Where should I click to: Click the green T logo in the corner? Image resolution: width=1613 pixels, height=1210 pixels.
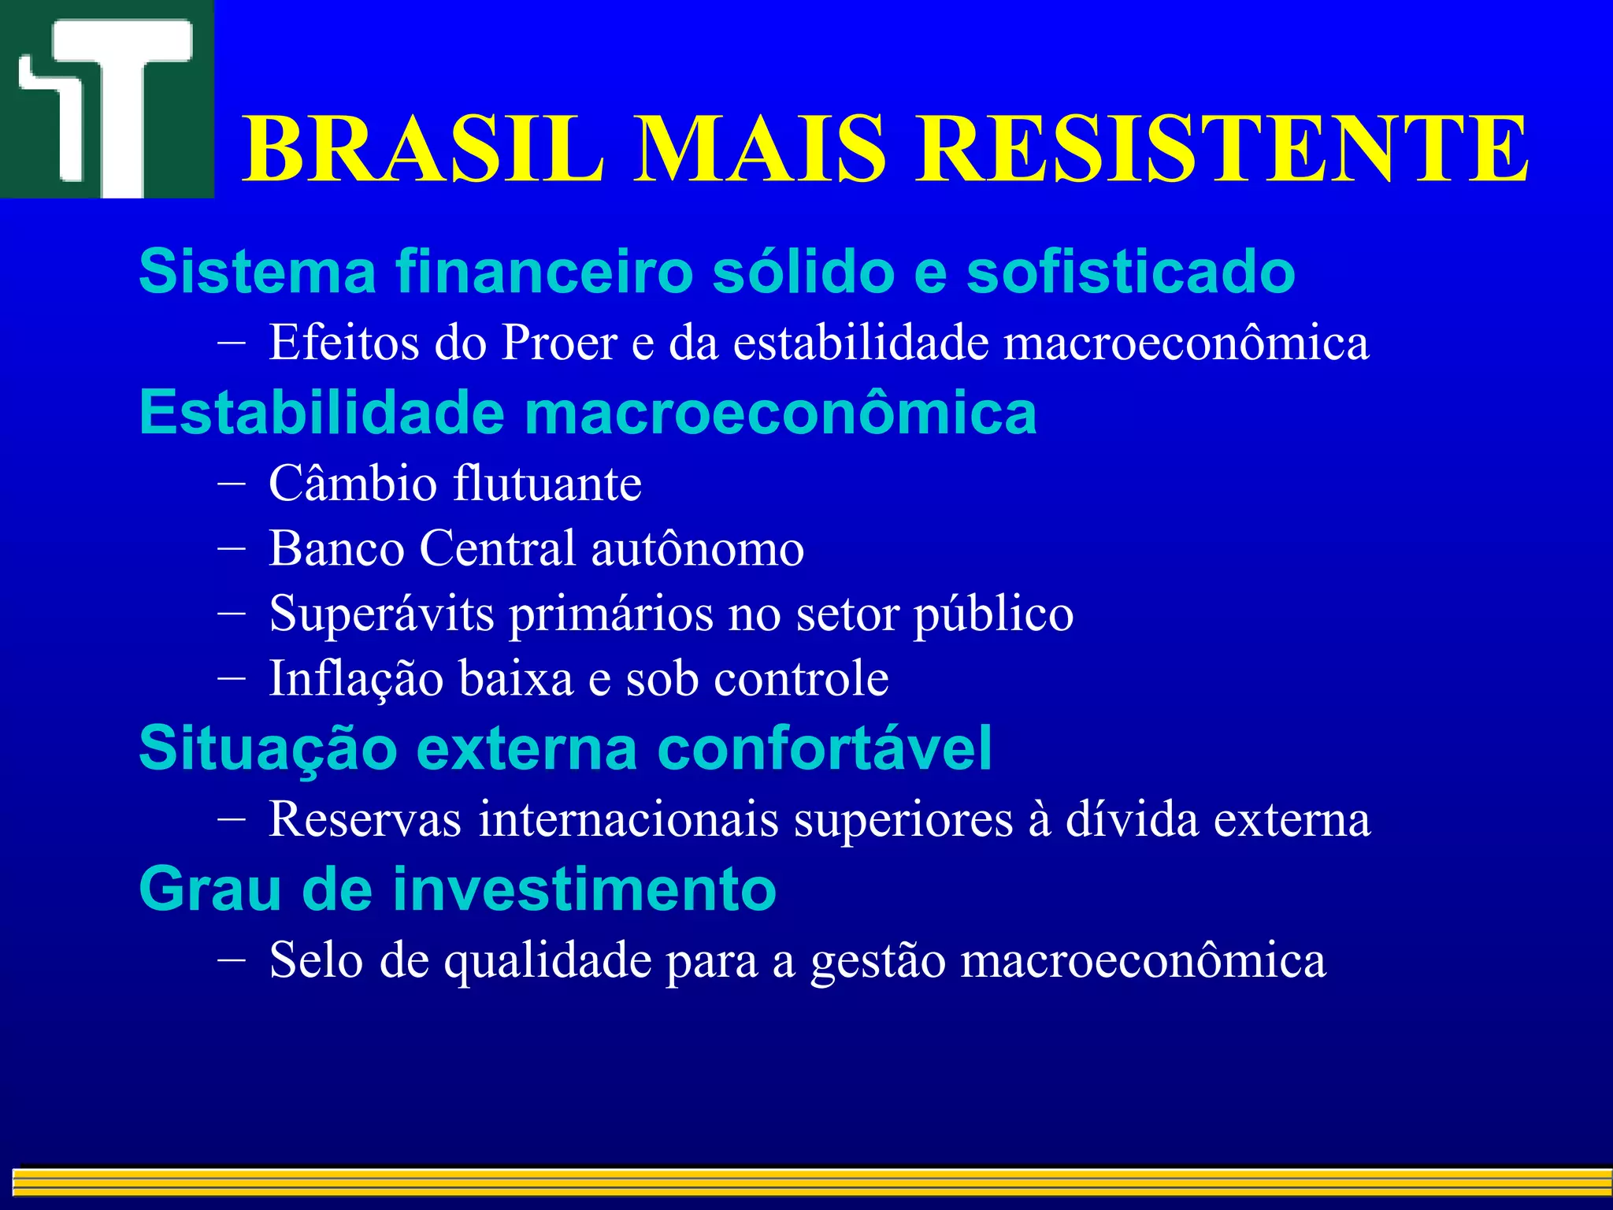pos(106,98)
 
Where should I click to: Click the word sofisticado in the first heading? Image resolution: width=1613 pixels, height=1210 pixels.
pos(1130,272)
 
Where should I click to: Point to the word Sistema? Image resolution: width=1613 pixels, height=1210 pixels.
pos(258,272)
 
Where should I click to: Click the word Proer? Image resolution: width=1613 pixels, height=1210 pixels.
pos(559,343)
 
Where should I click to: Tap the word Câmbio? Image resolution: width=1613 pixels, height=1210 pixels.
pos(353,483)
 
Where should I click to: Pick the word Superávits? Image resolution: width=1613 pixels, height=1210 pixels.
pos(381,614)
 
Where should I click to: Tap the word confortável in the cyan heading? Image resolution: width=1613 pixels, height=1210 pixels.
pos(824,748)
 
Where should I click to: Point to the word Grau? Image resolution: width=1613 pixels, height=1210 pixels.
pos(210,889)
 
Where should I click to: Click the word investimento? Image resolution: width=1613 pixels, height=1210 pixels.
pos(584,889)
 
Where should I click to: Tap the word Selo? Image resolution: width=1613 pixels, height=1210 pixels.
pos(316,960)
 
